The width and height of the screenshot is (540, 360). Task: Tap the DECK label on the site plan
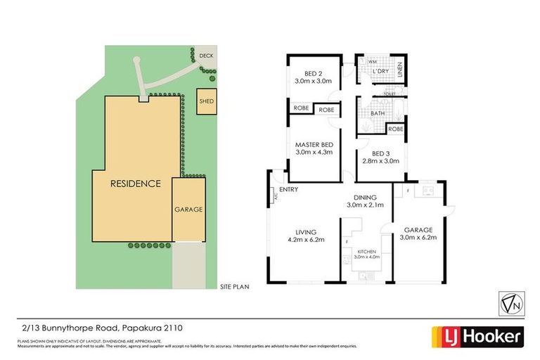[205, 56]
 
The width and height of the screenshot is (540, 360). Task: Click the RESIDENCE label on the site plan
[135, 184]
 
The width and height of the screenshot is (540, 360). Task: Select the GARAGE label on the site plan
[188, 210]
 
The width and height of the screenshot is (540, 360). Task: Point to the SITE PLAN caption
[234, 286]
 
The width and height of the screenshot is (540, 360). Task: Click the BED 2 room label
[313, 75]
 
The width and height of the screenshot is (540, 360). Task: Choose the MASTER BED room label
[313, 145]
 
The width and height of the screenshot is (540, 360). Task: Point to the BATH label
[378, 113]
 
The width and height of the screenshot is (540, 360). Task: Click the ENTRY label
[288, 190]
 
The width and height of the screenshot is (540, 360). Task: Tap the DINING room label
[366, 198]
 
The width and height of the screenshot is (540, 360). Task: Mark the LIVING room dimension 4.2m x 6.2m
[306, 240]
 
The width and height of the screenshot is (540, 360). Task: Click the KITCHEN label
[368, 251]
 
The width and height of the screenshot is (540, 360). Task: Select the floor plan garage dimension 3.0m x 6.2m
[418, 238]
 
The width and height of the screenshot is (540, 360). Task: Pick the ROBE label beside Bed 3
[395, 129]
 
